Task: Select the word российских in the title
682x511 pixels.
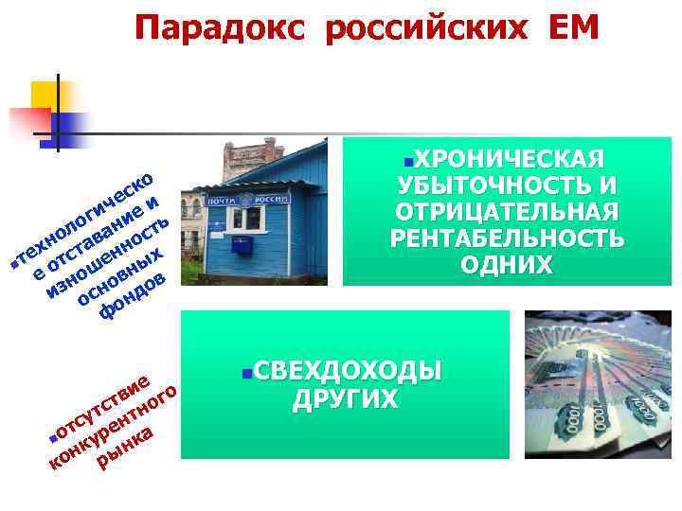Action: (x=424, y=28)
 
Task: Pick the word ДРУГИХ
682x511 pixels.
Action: (x=346, y=398)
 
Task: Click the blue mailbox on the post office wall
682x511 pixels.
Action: (x=245, y=247)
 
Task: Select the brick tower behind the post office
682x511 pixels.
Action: (x=252, y=157)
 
